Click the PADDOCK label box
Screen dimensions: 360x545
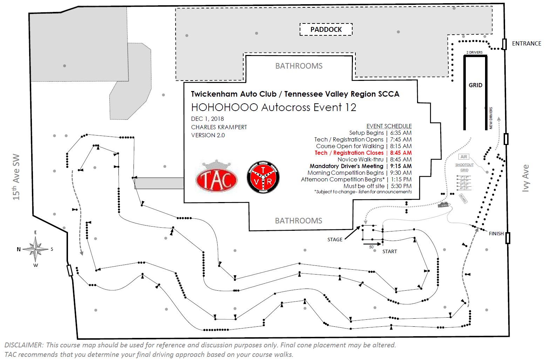pos(326,29)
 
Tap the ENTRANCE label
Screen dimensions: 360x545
pos(526,43)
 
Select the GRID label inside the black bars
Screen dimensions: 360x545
pos(475,85)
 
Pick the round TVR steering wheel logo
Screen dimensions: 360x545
pos(263,177)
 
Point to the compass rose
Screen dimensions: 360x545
pos(35,249)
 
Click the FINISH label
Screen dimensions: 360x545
pos(496,234)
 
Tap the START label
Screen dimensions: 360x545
pos(389,251)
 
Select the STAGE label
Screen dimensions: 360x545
pos(335,240)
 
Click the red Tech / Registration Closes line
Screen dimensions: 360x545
pos(363,153)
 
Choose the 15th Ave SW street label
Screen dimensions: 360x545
pos(16,177)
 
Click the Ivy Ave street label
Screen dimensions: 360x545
pos(525,178)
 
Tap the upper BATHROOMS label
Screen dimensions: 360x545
pos(299,66)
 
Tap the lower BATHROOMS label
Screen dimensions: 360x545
pos(298,221)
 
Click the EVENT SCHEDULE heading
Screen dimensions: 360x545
pos(389,126)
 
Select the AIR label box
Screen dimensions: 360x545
pos(464,157)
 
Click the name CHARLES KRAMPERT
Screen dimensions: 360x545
pos(219,127)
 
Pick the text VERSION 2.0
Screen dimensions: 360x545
pos(208,135)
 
